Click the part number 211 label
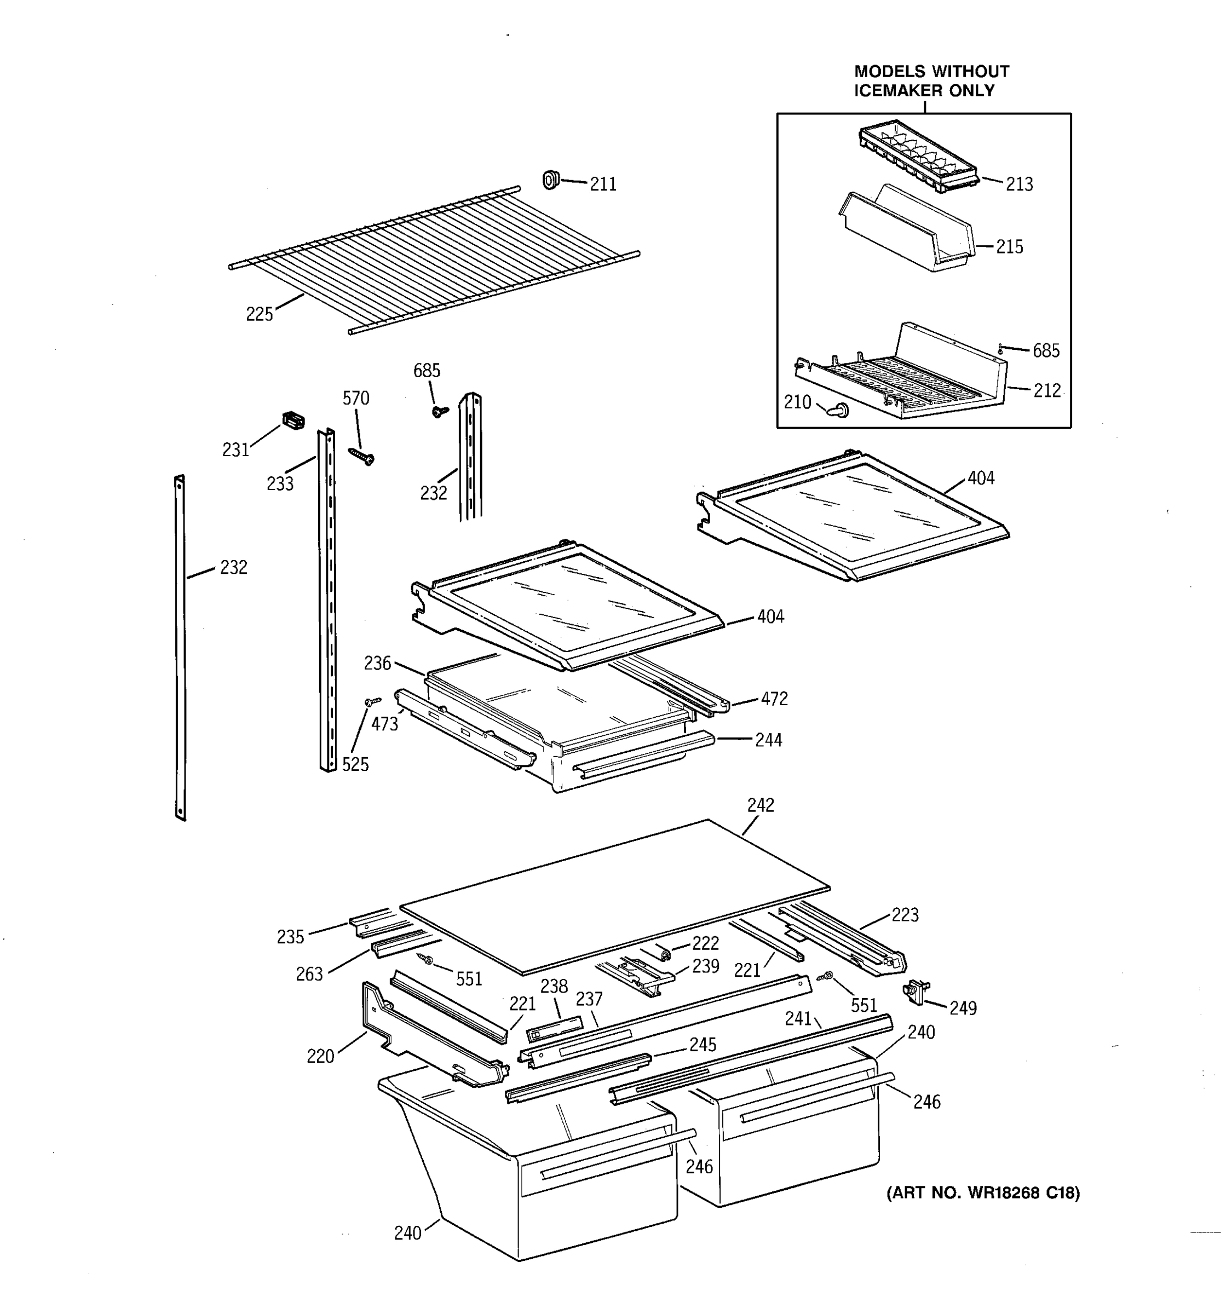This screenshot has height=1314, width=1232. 602,185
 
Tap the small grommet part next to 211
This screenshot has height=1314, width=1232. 550,179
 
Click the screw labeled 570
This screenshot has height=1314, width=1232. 361,456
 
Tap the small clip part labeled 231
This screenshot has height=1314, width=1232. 293,420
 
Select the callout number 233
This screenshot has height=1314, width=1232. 280,484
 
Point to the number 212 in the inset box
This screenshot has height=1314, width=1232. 1047,390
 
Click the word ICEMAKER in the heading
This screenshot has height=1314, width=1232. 898,90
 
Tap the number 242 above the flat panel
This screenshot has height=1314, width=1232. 760,805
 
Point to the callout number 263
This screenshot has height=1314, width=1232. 309,974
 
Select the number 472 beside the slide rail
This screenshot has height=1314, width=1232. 774,699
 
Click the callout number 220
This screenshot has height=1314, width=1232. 320,1056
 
